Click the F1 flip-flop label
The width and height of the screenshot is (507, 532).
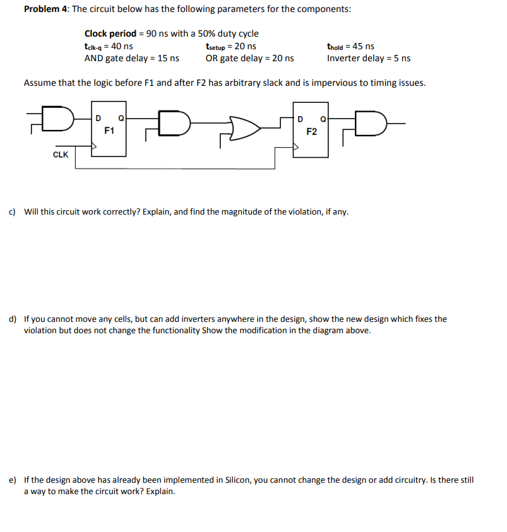[x=109, y=131]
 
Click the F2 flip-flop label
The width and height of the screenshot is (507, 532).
[x=311, y=132]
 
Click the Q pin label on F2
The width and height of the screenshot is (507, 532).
[x=323, y=118]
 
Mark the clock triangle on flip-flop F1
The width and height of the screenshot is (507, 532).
[x=94, y=146]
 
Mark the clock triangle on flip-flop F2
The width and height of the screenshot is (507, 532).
[x=297, y=146]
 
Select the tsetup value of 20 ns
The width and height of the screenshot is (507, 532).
[x=246, y=46]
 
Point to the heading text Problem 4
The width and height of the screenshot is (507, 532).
[x=45, y=9]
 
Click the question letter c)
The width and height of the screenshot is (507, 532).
[x=13, y=211]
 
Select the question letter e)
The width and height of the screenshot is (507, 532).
[x=13, y=480]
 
